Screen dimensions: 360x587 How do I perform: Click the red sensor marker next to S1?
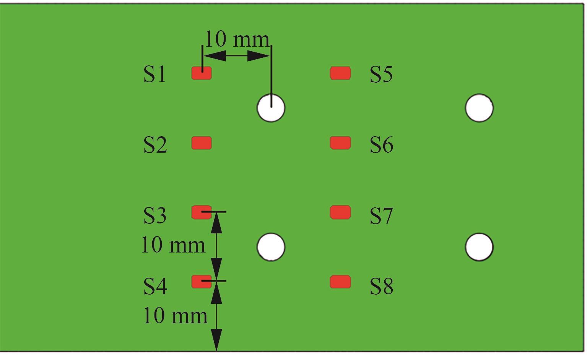[x=202, y=73]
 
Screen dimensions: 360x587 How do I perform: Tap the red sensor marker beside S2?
[x=202, y=143]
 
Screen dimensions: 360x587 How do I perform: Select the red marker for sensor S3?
[x=201, y=212]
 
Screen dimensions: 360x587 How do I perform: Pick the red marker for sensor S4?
[x=201, y=282]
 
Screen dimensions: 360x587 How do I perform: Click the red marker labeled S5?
[x=340, y=73]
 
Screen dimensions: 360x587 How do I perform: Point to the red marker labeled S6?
[x=340, y=143]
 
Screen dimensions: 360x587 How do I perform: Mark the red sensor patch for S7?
[x=340, y=212]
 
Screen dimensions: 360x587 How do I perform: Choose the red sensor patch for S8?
[x=340, y=282]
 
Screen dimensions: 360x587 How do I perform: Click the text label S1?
[x=155, y=74]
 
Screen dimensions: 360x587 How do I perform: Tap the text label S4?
[x=155, y=286]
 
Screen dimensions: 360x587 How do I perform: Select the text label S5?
[x=381, y=74]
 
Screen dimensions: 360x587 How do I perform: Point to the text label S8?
[x=381, y=286]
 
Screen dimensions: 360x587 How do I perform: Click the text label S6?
[x=381, y=145]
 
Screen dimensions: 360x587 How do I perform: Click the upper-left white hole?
[x=271, y=108]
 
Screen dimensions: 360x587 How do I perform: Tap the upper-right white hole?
[x=479, y=108]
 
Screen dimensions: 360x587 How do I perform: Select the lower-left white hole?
[x=271, y=247]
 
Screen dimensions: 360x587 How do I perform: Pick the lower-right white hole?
[x=479, y=247]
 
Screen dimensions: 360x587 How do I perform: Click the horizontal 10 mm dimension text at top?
[x=237, y=39]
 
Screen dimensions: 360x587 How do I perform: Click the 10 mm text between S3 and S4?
[x=173, y=245]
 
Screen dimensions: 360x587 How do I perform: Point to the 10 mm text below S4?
[x=175, y=316]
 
